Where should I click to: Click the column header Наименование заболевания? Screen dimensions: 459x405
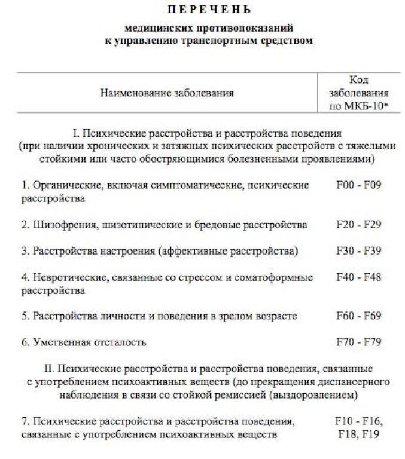point(167,93)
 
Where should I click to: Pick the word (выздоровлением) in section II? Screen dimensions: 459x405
point(315,395)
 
